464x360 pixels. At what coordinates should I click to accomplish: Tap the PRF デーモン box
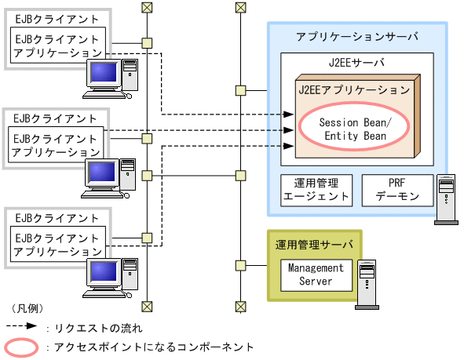[x=397, y=190]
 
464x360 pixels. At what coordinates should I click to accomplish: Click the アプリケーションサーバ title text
[x=357, y=36]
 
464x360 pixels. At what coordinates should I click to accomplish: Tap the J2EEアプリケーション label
[x=354, y=90]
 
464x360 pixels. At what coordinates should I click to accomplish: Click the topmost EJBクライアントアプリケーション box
[x=57, y=46]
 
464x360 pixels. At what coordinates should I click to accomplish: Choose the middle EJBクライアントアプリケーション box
[x=57, y=144]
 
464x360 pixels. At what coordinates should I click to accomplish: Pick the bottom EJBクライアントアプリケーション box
[x=57, y=244]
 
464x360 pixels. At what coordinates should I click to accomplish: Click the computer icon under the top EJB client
[x=108, y=78]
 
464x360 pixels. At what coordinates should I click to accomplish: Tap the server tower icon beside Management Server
[x=366, y=282]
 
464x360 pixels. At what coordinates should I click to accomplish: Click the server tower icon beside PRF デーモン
[x=446, y=199]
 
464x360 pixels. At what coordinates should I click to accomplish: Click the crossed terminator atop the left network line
[x=146, y=7]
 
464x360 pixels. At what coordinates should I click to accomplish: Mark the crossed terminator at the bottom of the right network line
[x=240, y=306]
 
